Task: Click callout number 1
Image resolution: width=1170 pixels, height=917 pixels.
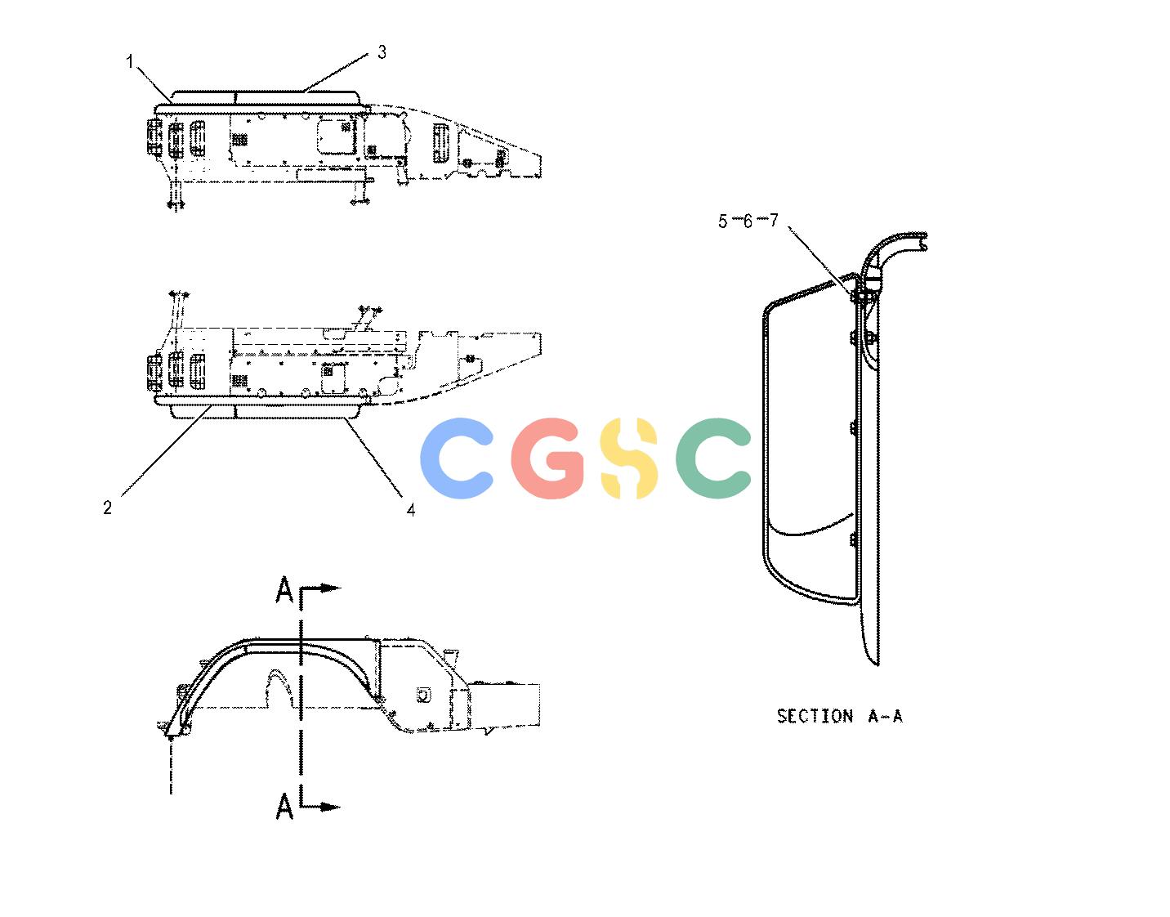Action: pos(129,61)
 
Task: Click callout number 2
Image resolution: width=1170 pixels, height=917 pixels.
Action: pos(108,508)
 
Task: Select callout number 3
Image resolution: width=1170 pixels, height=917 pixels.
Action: pos(382,52)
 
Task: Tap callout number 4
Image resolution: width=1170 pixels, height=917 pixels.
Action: pos(411,509)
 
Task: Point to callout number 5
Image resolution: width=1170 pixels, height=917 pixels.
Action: pos(722,221)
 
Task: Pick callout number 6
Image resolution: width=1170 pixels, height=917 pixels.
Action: pos(748,221)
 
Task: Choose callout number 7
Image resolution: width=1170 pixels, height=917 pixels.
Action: pos(773,220)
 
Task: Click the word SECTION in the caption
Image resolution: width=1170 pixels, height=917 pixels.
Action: pos(815,716)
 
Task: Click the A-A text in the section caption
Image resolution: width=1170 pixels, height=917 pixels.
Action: pos(885,716)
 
